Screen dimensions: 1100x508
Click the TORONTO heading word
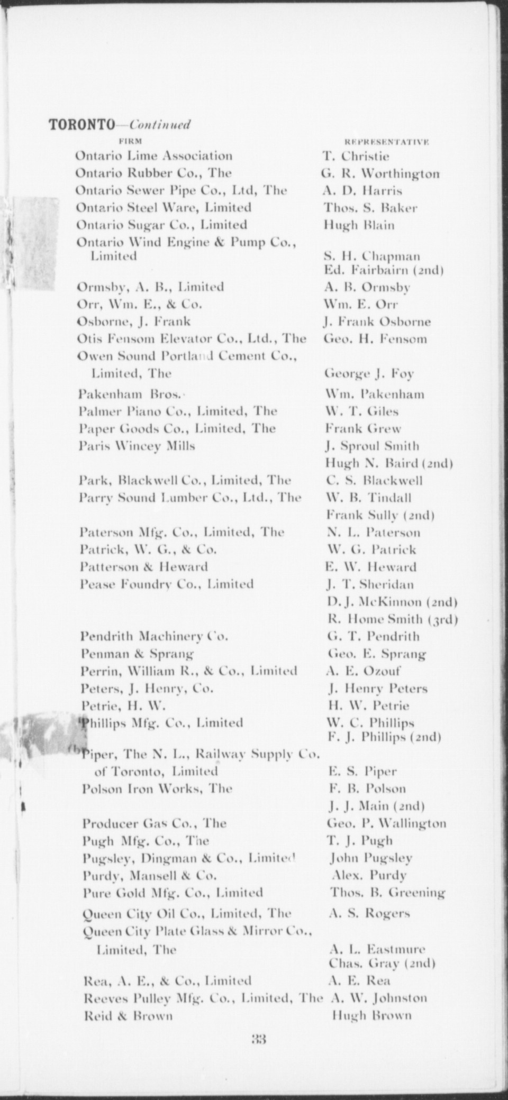pos(81,124)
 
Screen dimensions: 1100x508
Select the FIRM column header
pos(130,141)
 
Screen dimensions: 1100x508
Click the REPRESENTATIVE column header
pos(386,142)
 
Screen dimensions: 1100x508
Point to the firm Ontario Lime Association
pos(154,156)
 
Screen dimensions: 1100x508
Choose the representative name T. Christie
pos(356,157)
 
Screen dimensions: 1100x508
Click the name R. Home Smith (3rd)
pos(393,619)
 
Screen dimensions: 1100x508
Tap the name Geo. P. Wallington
pos(387,823)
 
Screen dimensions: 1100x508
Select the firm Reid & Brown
pos(129,1015)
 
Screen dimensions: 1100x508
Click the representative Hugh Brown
pos(371,1015)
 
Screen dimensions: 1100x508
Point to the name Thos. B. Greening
pos(388,893)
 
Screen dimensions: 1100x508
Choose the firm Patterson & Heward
pos(143,567)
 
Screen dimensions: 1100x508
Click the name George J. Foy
pos(369,374)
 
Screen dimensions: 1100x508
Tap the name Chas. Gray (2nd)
pos(382,963)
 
